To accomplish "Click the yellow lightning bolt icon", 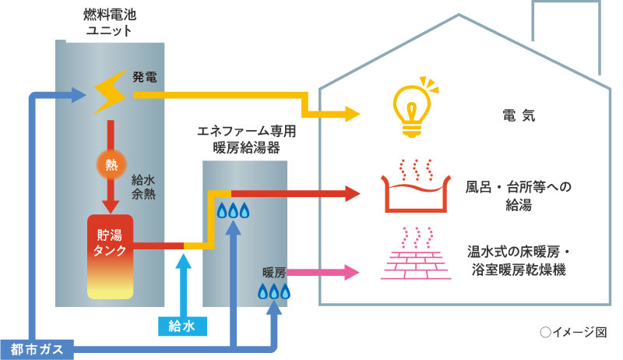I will [x=110, y=93].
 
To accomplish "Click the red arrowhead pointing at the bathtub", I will [x=353, y=192].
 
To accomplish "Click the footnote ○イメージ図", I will [x=572, y=332].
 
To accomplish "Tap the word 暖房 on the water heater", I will [x=275, y=273].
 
